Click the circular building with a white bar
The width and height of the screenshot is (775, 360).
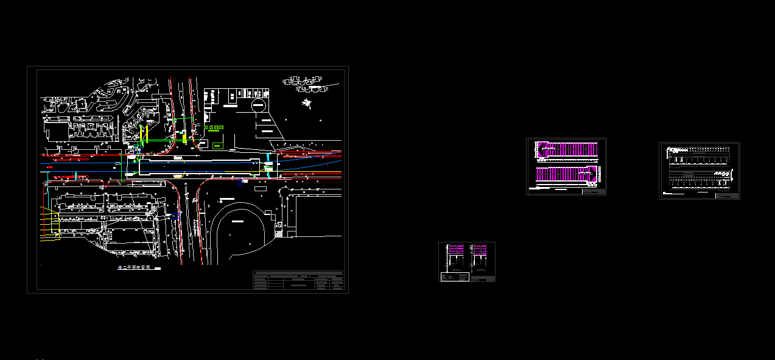pos(259,106)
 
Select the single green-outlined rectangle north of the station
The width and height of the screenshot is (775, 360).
pos(218,145)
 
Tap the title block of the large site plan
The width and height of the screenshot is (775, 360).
pos(299,280)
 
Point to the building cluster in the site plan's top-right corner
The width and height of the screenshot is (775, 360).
pos(302,80)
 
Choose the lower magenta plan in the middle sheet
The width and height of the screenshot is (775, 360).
pos(566,174)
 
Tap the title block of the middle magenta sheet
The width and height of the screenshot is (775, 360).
pos(594,191)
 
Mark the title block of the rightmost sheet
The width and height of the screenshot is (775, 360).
pos(727,196)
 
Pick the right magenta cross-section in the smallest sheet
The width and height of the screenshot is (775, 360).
pos(480,256)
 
